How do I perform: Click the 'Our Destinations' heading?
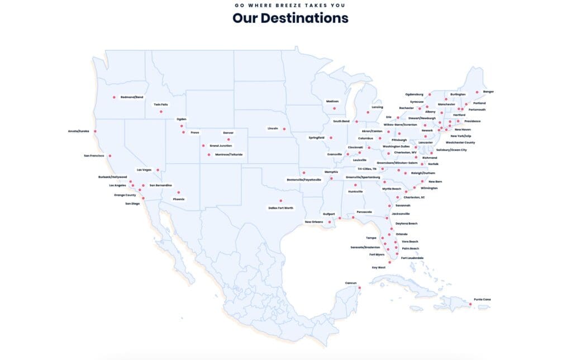pos(290,18)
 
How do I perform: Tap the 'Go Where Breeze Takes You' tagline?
pos(290,5)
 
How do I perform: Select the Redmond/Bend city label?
pos(132,97)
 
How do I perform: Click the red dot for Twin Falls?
pos(161,112)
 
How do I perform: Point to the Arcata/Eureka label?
pos(79,131)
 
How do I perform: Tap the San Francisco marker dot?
pos(110,156)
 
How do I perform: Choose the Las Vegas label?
pos(144,170)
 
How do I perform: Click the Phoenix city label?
pos(179,199)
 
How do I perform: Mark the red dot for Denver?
pos(228,139)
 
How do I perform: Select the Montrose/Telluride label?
pos(229,155)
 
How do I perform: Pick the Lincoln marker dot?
pos(284,129)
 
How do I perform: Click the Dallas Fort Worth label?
pos(280,208)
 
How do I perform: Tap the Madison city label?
pos(332,101)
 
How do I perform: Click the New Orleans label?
pos(313,222)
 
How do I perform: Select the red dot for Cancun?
pos(360,288)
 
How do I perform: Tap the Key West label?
pos(379,267)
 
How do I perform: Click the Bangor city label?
pos(489,92)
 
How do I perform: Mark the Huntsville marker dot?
pos(355,185)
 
